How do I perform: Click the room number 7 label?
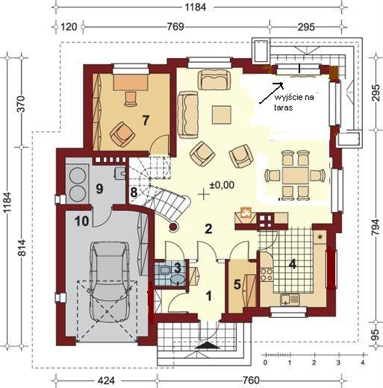pos(146,120)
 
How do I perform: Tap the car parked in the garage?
pos(109,281)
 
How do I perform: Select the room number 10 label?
pos(82,221)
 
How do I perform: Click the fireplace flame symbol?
pos(246,213)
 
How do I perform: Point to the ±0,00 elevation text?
pos(222,185)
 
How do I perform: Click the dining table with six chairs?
pos(295,175)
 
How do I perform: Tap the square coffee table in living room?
pos(222,115)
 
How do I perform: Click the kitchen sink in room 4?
pos(290,299)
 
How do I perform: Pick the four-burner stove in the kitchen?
pos(267,274)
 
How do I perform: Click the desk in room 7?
pos(131,82)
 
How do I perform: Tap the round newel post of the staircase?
pos(173,227)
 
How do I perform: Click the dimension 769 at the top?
pos(175,27)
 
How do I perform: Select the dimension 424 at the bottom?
pos(107,381)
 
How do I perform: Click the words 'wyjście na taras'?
pos(293,102)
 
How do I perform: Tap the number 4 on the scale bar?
pos(363,362)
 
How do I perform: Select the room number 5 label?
pos(237,285)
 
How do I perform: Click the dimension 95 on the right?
pos(376,332)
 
